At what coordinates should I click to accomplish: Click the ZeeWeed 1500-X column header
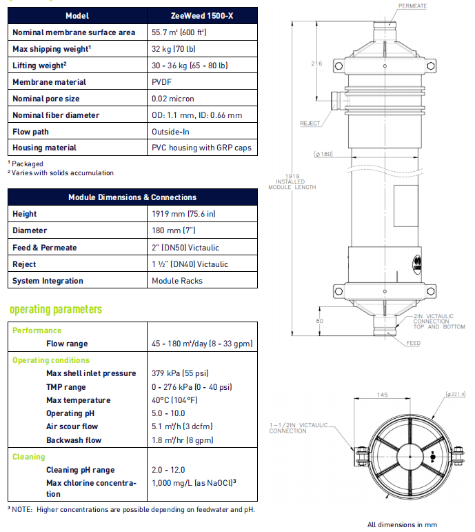point(202,16)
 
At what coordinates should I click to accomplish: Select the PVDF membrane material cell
point(161,82)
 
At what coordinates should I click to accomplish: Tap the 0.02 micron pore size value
point(172,99)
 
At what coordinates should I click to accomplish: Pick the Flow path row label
point(30,132)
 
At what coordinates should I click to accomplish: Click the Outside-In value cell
point(170,132)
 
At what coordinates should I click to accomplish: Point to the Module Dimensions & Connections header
point(132,197)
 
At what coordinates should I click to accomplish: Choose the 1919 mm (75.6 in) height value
point(183,214)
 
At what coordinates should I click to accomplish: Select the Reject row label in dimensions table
point(24,264)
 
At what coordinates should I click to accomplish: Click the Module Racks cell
point(177,281)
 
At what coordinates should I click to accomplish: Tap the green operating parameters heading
point(56,309)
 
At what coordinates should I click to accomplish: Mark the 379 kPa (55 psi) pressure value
point(180,373)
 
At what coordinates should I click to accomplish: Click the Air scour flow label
point(72,426)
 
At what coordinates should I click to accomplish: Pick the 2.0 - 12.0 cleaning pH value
point(168,470)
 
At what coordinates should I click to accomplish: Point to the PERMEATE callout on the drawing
point(412,6)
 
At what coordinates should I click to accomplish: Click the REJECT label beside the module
point(310,123)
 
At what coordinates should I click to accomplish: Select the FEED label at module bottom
point(413,343)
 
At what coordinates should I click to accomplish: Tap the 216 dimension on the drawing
point(316,63)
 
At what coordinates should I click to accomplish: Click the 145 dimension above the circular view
point(382,395)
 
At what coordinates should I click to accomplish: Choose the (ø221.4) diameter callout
point(455,394)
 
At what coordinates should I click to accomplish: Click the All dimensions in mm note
point(402,524)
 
